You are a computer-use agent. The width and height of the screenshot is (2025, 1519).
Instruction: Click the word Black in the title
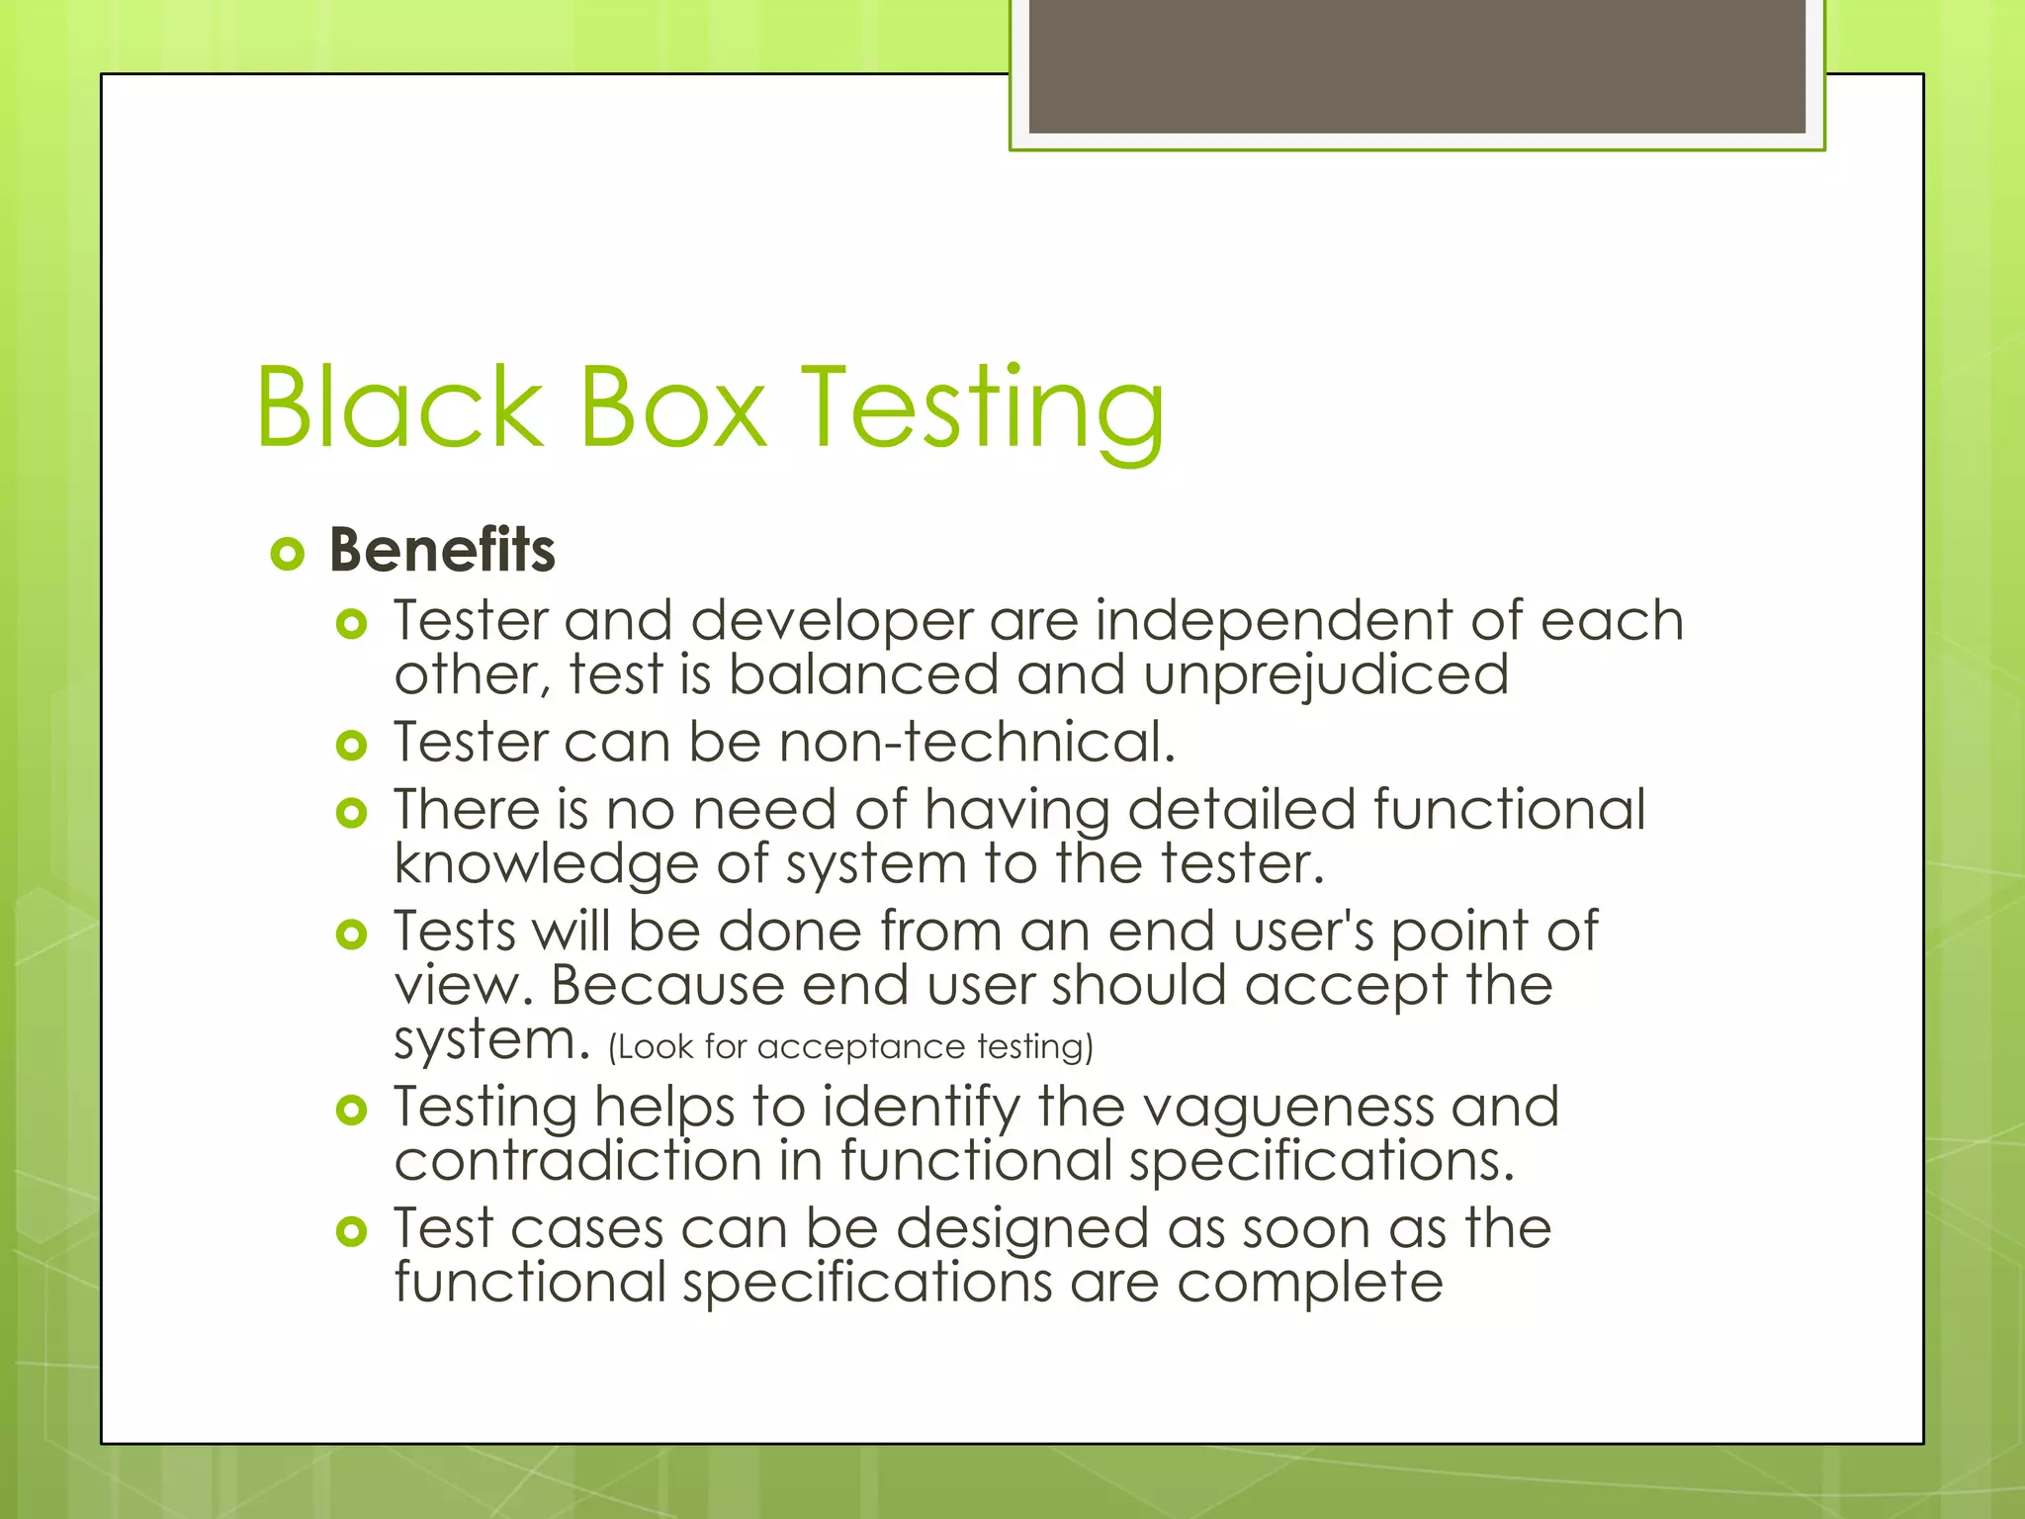coord(399,407)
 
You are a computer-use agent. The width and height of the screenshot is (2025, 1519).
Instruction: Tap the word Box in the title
coord(671,407)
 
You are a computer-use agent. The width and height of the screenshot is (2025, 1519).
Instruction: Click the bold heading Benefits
coord(442,550)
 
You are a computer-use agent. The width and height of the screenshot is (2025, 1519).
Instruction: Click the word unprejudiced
coord(1326,677)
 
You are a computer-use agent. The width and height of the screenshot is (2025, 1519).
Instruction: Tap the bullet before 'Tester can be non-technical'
coord(351,745)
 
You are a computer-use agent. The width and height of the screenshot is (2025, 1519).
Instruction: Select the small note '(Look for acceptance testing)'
coord(850,1046)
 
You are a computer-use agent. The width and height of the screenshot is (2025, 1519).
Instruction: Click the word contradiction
coord(577,1160)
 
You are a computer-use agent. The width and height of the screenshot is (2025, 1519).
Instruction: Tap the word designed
coord(1022,1230)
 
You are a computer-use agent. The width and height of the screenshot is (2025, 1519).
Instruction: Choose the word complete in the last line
coord(1309,1284)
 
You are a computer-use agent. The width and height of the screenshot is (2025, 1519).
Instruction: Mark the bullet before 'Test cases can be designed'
coord(351,1231)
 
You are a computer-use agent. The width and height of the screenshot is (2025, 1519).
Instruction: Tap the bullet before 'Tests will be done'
coord(351,934)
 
